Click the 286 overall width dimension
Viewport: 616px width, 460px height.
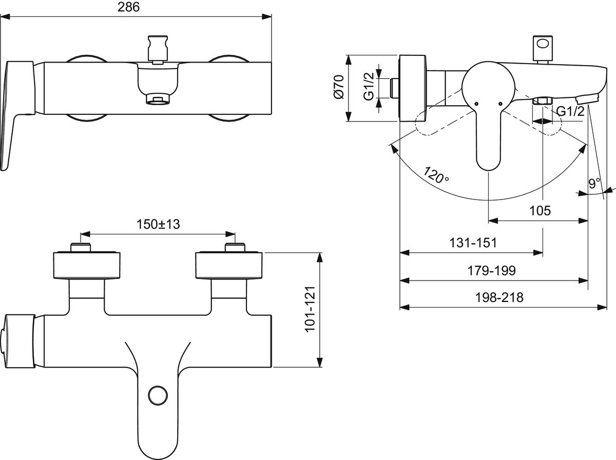click(128, 7)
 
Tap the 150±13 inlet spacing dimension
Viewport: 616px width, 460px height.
click(158, 224)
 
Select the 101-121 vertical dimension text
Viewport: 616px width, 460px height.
click(310, 309)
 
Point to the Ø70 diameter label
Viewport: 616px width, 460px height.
click(339, 87)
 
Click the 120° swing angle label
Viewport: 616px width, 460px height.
click(436, 175)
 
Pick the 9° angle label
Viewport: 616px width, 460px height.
click(594, 183)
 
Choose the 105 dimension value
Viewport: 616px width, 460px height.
click(540, 210)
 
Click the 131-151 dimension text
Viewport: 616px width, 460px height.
click(473, 243)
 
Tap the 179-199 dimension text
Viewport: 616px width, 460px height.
click(491, 270)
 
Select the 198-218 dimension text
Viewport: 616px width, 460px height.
click(499, 297)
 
